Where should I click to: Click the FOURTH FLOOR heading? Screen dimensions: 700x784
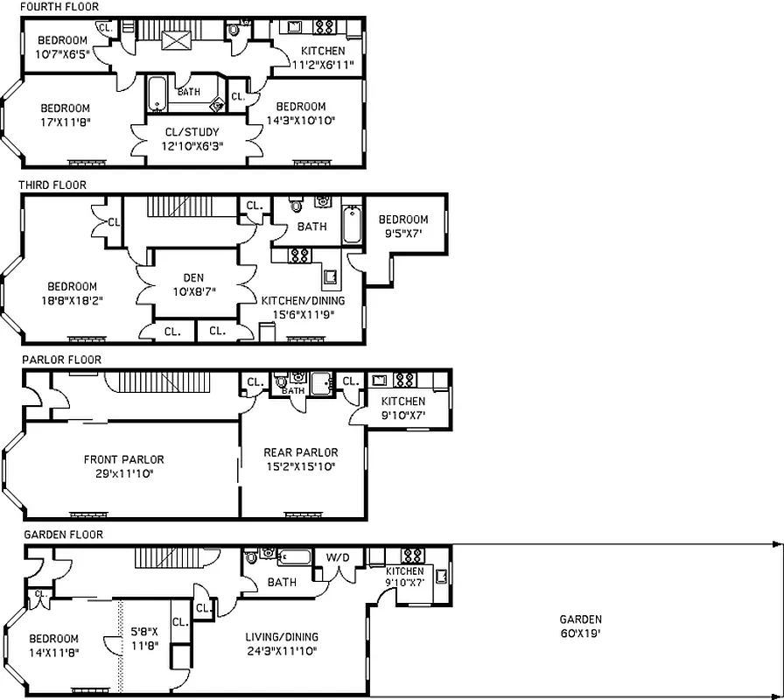click(x=59, y=7)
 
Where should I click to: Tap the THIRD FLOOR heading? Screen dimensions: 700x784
click(x=52, y=185)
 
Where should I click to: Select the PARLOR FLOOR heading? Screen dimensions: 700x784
click(x=61, y=360)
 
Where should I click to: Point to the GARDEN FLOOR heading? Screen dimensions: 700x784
click(x=63, y=535)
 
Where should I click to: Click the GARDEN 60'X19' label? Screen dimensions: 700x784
click(x=580, y=626)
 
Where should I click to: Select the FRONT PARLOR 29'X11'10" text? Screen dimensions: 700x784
click(x=123, y=466)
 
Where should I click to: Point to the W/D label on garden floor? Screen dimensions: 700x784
click(x=337, y=556)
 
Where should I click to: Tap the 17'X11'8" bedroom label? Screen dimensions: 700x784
click(x=65, y=115)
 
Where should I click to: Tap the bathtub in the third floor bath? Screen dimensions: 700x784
click(x=351, y=225)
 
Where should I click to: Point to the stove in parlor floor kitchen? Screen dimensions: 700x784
click(x=404, y=381)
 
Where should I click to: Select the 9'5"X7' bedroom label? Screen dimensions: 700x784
click(x=402, y=226)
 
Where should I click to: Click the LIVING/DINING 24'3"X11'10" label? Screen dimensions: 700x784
click(x=282, y=643)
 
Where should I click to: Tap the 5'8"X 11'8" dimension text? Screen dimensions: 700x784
click(x=145, y=638)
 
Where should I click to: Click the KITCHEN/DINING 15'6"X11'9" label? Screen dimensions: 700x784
click(x=303, y=307)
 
